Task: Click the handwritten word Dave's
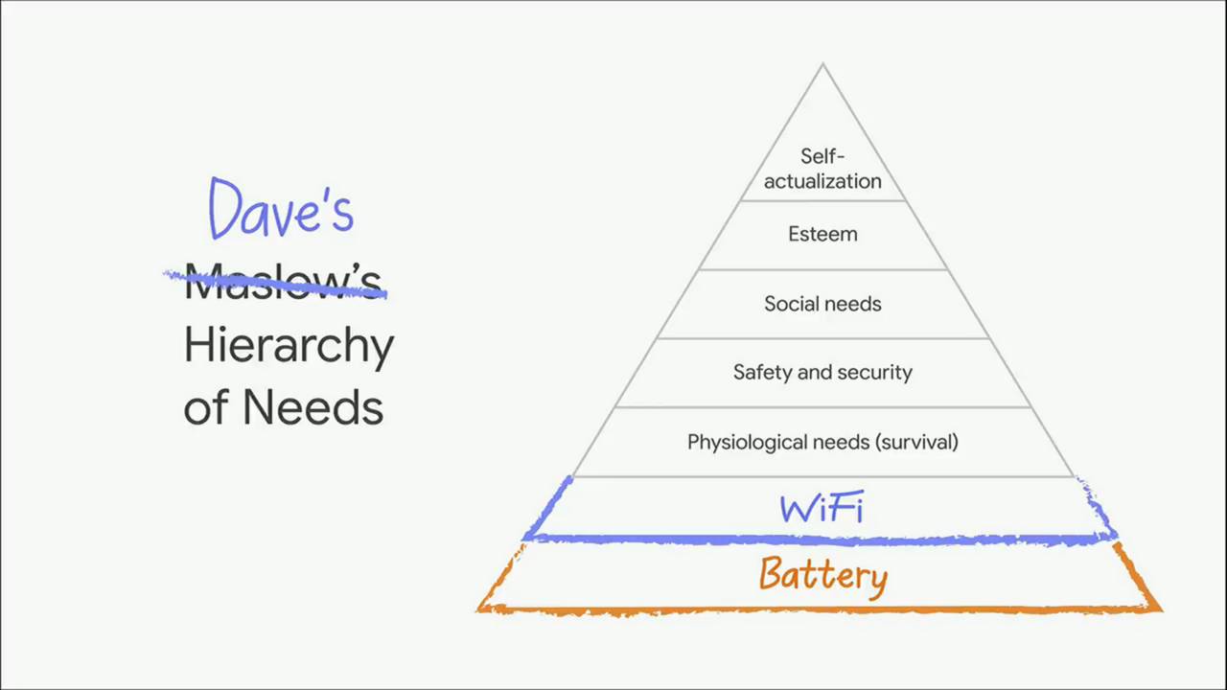click(x=281, y=208)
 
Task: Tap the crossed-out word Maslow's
click(x=283, y=281)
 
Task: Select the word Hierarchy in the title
click(x=289, y=347)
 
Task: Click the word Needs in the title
click(x=313, y=407)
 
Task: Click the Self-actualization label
click(x=822, y=169)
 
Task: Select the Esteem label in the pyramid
click(x=822, y=235)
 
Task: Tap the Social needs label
click(x=822, y=304)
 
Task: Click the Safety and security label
click(x=822, y=373)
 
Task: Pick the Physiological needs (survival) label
click(x=822, y=443)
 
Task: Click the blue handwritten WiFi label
click(x=822, y=508)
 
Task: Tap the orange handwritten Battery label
click(x=822, y=576)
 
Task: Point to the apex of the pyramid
click(x=822, y=63)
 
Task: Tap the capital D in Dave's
click(x=225, y=208)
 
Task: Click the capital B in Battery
click(x=774, y=573)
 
